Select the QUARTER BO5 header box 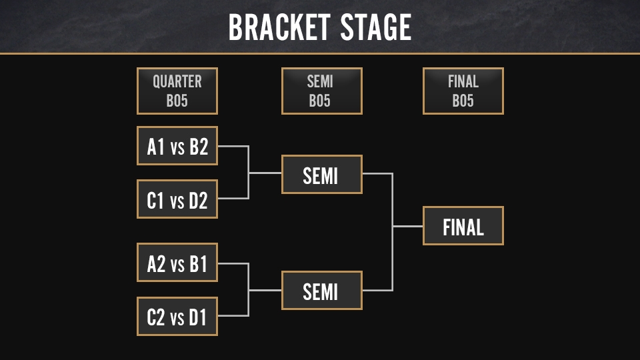click(x=177, y=91)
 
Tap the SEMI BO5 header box click(x=321, y=91)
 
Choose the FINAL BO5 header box click(x=463, y=91)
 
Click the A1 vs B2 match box click(x=177, y=146)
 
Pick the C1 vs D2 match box click(x=177, y=199)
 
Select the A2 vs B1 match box click(x=177, y=263)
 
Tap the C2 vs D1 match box click(x=177, y=316)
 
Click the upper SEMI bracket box click(x=321, y=175)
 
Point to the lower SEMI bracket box click(x=321, y=291)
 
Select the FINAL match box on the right click(x=463, y=226)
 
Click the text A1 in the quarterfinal click(x=156, y=147)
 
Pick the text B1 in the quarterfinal click(x=199, y=263)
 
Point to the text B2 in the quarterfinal click(x=199, y=147)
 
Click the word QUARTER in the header click(x=177, y=81)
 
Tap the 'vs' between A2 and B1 click(x=177, y=265)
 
